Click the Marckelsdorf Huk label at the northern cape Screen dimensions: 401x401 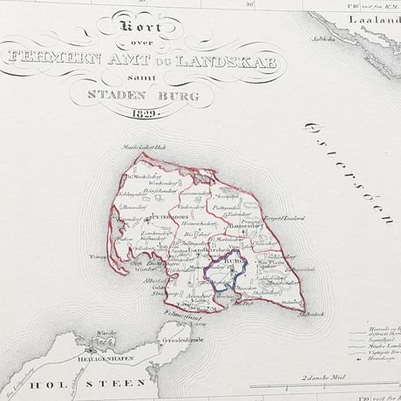(147, 149)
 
